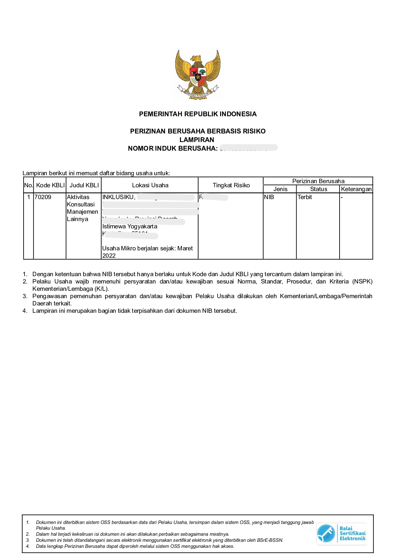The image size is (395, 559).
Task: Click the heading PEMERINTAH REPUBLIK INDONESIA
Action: (x=197, y=114)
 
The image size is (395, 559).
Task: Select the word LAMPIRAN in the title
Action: (x=197, y=140)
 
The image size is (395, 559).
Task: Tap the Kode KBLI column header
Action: (x=50, y=185)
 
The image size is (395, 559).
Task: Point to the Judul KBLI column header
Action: (x=84, y=185)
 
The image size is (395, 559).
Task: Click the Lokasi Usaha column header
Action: (x=150, y=185)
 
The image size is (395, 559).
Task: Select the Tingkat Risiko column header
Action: (x=231, y=185)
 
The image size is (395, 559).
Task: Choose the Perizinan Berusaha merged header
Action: (x=318, y=181)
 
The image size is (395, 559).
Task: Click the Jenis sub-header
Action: (x=280, y=189)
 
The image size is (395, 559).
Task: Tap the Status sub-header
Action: (x=319, y=189)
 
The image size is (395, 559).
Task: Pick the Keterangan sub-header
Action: (x=356, y=189)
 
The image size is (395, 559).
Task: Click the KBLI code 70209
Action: (x=43, y=197)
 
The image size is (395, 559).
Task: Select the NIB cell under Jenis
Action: (x=269, y=197)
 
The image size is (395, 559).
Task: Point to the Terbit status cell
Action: (x=305, y=197)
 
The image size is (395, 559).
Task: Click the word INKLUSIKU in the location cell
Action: (x=118, y=197)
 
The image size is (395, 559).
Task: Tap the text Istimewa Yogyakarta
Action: (x=130, y=226)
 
